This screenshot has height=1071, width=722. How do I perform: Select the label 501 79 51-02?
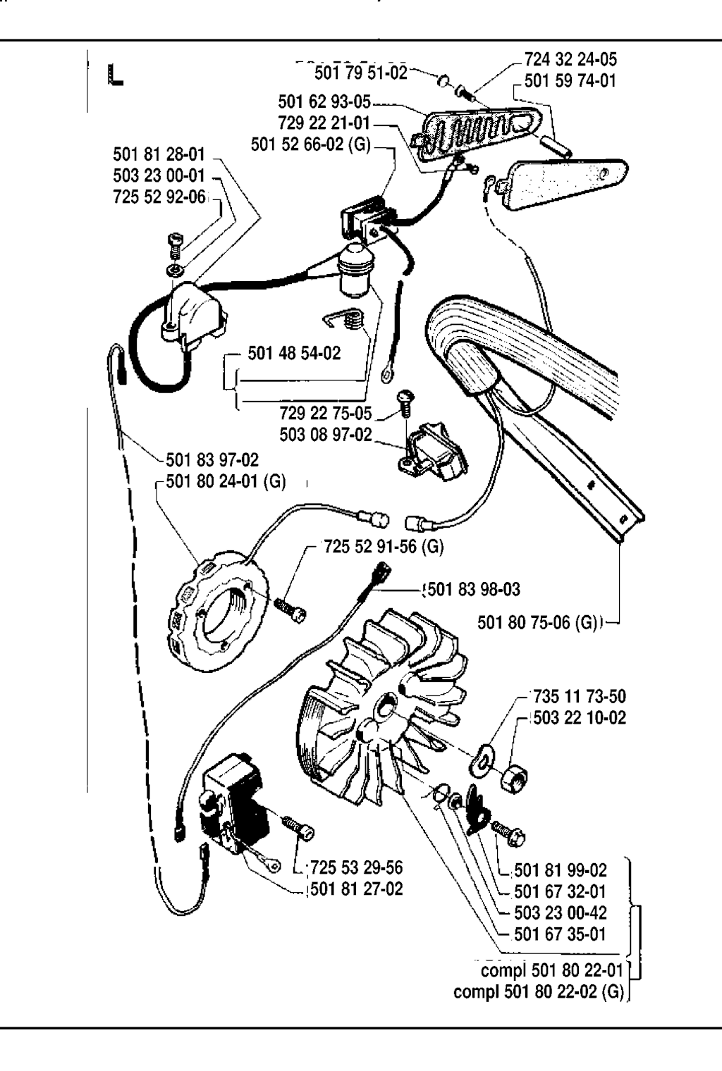pyautogui.click(x=361, y=72)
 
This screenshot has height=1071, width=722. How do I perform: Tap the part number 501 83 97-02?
pyautogui.click(x=212, y=460)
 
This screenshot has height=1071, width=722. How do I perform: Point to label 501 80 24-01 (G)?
pyautogui.click(x=226, y=482)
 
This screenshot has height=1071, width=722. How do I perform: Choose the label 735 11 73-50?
pyautogui.click(x=580, y=696)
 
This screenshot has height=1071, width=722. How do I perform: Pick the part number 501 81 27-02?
pyautogui.click(x=357, y=889)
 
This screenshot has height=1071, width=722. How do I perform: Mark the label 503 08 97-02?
pyautogui.click(x=326, y=434)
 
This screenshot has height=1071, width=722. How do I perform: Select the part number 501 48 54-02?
pyautogui.click(x=294, y=353)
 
